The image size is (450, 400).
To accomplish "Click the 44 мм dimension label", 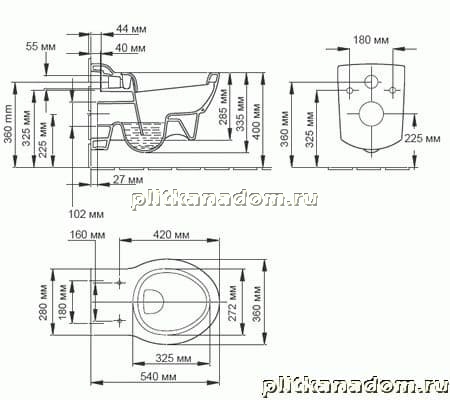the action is pos(131,29).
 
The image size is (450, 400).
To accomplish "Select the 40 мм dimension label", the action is pos(130,48).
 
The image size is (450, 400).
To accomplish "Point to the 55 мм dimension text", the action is pos(41,46).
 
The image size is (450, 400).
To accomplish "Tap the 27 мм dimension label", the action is pos(128,180).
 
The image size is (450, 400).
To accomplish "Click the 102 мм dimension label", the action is pos(86,214).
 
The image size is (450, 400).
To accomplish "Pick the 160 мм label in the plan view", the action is pos(87,235).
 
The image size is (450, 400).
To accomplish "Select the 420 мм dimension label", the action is pos(171,235).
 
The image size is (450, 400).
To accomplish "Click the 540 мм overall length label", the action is pos(158,377).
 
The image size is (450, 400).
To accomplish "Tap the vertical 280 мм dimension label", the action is pos(44,302).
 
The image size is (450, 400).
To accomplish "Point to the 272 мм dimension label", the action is pos(233,303).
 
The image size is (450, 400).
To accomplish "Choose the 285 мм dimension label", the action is pos(224,106).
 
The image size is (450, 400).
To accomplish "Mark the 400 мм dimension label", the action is pos(256,121).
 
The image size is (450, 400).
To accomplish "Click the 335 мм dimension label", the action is pos(240,114).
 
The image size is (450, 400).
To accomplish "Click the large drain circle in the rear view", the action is pos(371,114).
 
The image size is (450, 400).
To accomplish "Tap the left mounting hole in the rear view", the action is pos(350,90).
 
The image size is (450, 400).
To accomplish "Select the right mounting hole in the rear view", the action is pos(393,90).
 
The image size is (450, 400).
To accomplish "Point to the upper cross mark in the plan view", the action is pos(120,283).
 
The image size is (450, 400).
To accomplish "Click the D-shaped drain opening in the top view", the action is pos(153,301).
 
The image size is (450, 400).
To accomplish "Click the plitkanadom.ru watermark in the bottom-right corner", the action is pos(356,386).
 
